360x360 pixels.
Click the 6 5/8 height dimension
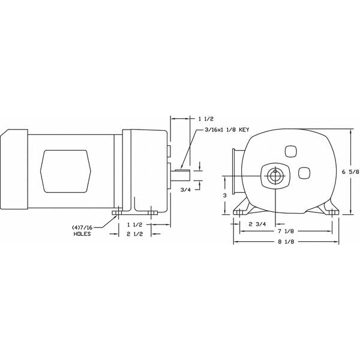click(349, 172)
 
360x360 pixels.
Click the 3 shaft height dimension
click(224, 196)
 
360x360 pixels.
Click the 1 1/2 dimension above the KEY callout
click(205, 119)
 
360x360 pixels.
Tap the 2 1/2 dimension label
click(136, 234)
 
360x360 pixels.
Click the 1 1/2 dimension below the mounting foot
click(136, 224)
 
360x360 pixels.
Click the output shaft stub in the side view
click(182, 175)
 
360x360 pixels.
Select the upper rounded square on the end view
click(291, 152)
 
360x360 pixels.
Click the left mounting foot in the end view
click(242, 210)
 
